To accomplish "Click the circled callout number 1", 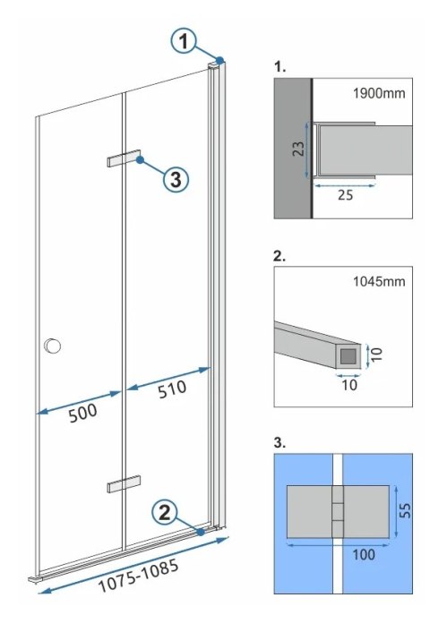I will (183, 40).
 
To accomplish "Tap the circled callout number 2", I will (165, 513).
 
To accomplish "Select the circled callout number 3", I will (176, 179).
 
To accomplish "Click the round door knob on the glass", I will (53, 346).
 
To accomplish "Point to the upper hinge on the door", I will (124, 158).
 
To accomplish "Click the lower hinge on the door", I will (124, 483).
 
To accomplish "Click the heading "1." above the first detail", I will (279, 66).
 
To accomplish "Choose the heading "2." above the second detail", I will (279, 255).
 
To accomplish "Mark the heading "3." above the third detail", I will (279, 443).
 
